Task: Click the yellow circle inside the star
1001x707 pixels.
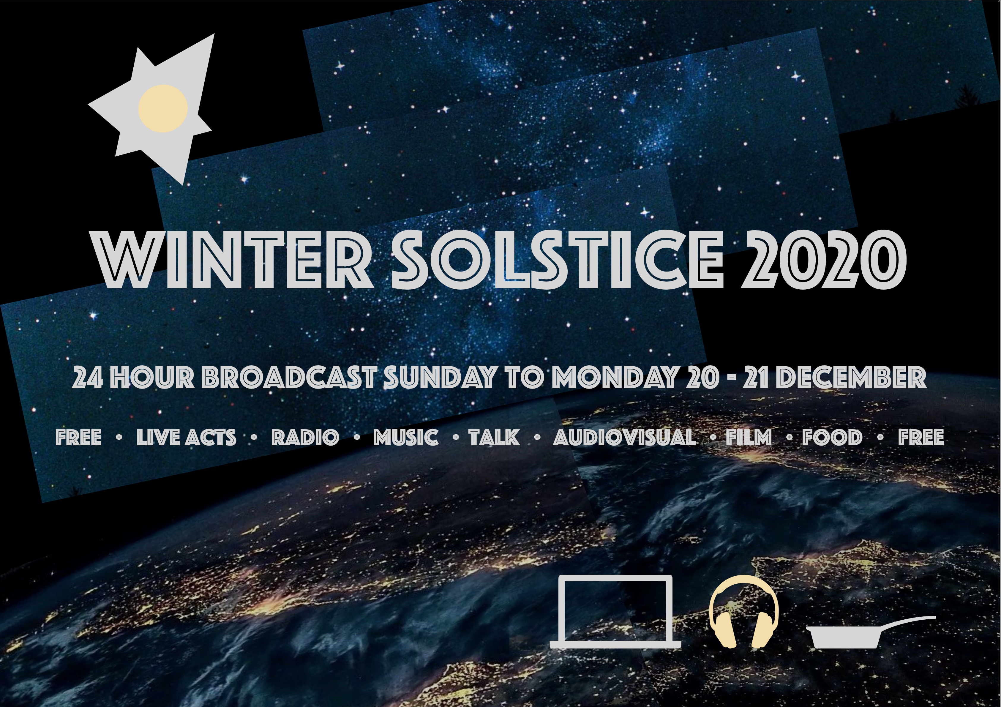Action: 163,108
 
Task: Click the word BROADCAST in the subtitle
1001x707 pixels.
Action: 289,378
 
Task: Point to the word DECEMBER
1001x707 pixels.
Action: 852,378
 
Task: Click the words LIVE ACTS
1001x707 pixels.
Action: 187,438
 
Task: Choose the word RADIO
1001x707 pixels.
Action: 305,438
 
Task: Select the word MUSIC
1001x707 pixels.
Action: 406,438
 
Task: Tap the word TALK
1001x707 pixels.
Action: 494,438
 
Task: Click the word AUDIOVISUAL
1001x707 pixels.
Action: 625,438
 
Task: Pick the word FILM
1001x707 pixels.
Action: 749,438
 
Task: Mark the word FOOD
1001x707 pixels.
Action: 832,438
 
